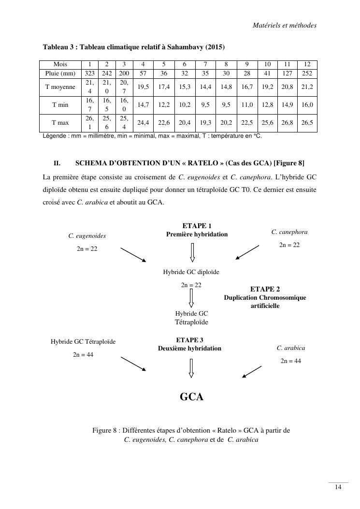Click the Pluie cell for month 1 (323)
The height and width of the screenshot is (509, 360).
(89, 73)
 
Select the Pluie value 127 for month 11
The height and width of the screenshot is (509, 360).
(287, 73)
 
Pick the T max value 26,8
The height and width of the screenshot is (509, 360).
(287, 123)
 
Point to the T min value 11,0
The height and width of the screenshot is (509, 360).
(247, 104)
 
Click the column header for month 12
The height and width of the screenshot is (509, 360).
(307, 64)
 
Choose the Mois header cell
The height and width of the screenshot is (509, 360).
(60, 64)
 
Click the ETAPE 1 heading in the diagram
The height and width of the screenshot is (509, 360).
(197, 226)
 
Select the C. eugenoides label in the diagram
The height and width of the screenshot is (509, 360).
(87, 236)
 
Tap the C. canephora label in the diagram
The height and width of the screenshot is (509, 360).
(289, 232)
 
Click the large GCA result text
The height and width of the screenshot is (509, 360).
(192, 397)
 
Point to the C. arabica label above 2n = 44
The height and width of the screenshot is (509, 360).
(291, 348)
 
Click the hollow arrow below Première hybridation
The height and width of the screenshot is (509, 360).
(192, 251)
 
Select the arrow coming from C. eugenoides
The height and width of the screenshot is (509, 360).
(133, 254)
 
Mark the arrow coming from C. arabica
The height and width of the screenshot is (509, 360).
(251, 370)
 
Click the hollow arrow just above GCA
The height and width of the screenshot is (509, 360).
(192, 368)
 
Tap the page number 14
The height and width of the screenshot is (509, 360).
(338, 487)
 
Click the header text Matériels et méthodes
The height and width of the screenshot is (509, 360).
(284, 25)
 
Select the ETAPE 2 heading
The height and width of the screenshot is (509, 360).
(265, 289)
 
